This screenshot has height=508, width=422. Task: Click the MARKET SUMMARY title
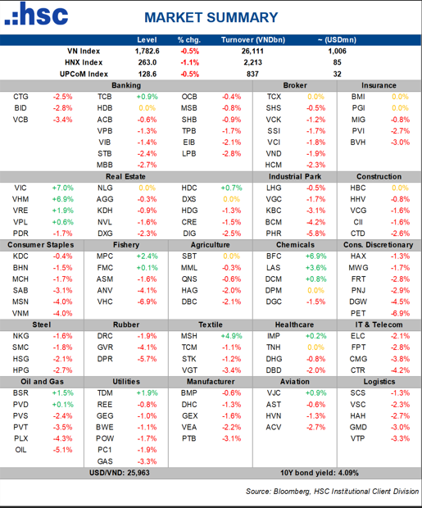[211, 17]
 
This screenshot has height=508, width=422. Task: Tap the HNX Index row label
[84, 61]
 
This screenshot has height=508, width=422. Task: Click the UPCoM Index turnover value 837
[252, 73]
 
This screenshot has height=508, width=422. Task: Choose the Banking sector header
[125, 85]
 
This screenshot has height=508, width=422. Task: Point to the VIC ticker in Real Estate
[20, 188]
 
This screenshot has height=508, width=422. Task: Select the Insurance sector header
[378, 85]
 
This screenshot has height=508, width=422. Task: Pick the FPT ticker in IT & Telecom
[358, 347]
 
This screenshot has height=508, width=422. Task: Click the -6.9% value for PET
[399, 313]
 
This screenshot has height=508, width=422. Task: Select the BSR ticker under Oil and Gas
[21, 393]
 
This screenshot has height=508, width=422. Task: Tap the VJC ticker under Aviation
[274, 393]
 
